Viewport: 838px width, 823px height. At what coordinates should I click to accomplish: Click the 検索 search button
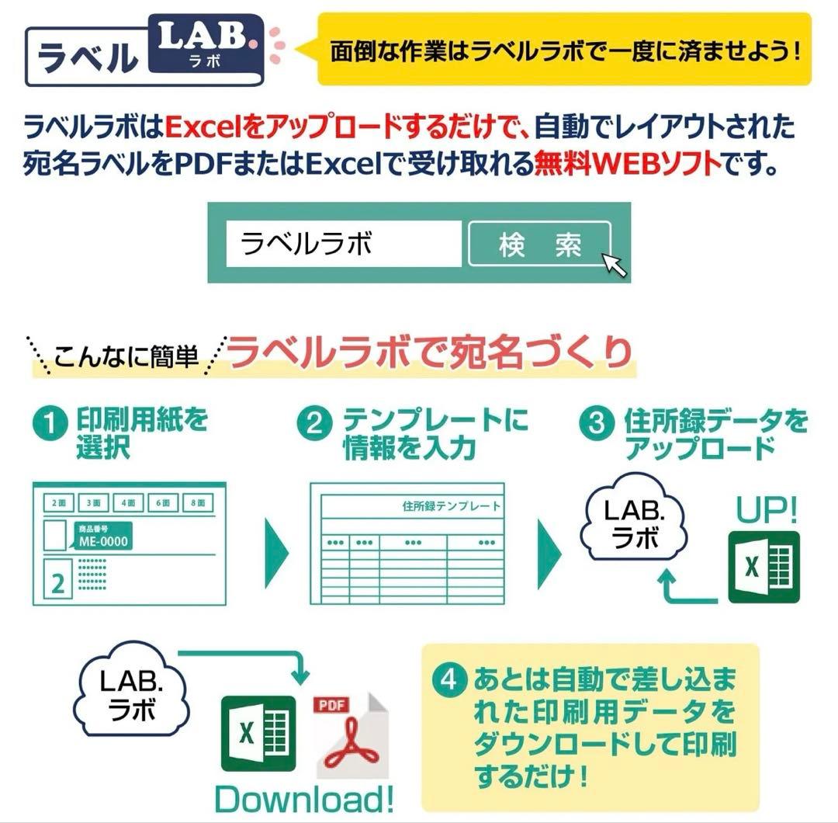click(x=539, y=245)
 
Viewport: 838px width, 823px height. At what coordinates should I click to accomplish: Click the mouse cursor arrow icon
click(x=615, y=264)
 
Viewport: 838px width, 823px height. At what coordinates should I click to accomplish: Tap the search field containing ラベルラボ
click(x=343, y=244)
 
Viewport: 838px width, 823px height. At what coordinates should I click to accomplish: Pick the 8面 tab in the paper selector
click(x=198, y=503)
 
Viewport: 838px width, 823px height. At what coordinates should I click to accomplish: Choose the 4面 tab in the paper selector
click(x=128, y=503)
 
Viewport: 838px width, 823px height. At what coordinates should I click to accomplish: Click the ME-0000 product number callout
click(x=102, y=537)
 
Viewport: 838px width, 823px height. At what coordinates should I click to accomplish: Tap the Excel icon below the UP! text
click(x=764, y=568)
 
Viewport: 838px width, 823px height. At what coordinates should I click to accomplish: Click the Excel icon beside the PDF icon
click(x=258, y=734)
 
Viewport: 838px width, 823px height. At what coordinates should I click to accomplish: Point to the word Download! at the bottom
click(x=304, y=798)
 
